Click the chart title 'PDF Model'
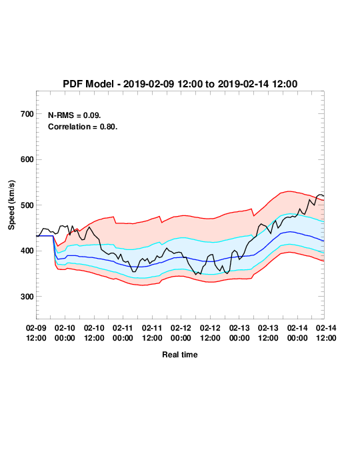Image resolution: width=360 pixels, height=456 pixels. pyautogui.click(x=88, y=84)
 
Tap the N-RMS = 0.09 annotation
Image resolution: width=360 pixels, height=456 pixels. pyautogui.click(x=75, y=115)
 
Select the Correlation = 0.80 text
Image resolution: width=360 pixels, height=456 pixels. pyautogui.click(x=83, y=127)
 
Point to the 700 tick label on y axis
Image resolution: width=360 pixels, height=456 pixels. pyautogui.click(x=27, y=114)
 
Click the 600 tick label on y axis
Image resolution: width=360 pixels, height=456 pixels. pyautogui.click(x=27, y=159)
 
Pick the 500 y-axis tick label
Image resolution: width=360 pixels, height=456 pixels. pyautogui.click(x=27, y=205)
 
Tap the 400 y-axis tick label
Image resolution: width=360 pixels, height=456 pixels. pyautogui.click(x=27, y=251)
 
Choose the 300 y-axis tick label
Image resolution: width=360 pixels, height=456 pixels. pyautogui.click(x=27, y=297)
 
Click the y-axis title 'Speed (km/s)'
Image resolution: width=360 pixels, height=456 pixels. pyautogui.click(x=11, y=205)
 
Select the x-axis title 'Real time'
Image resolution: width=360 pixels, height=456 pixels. pyautogui.click(x=180, y=355)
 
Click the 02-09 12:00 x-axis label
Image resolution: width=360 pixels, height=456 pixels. pyautogui.click(x=36, y=333)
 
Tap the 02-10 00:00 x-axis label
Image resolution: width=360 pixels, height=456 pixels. pyautogui.click(x=65, y=333)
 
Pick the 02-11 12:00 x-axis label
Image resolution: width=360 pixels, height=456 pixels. pyautogui.click(x=152, y=333)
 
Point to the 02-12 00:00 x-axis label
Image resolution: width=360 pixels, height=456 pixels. pyautogui.click(x=181, y=333)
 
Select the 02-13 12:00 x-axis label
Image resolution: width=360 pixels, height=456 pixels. pyautogui.click(x=268, y=333)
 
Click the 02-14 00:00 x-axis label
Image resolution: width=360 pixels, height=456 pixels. pyautogui.click(x=297, y=333)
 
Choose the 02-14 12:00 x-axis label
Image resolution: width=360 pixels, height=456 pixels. pyautogui.click(x=326, y=333)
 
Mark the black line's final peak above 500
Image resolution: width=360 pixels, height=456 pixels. pyautogui.click(x=320, y=195)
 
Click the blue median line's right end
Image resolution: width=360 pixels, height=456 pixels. pyautogui.click(x=324, y=241)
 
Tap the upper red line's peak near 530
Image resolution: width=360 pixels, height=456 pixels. pyautogui.click(x=288, y=191)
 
